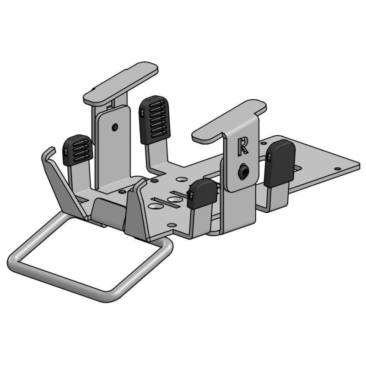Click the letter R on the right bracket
click(243, 146)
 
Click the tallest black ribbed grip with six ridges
click(154, 118)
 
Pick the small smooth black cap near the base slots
click(201, 193)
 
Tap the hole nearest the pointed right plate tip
click(338, 169)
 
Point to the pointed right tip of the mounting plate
click(357, 164)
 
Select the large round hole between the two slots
click(173, 200)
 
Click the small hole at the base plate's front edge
click(171, 225)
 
